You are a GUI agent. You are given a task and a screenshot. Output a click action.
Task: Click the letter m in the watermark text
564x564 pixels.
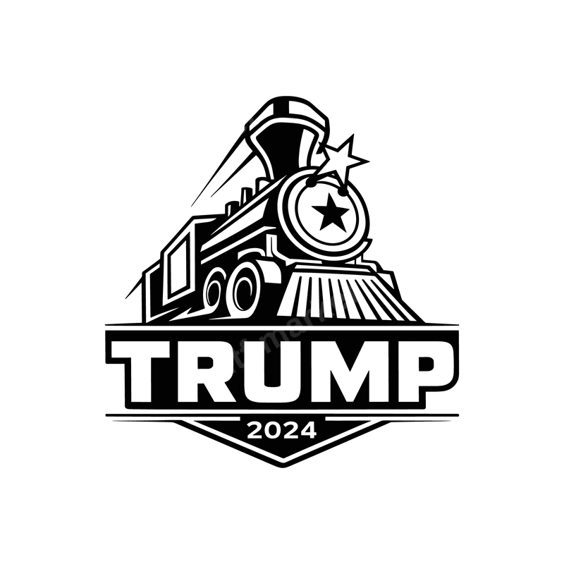tap(275, 337)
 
